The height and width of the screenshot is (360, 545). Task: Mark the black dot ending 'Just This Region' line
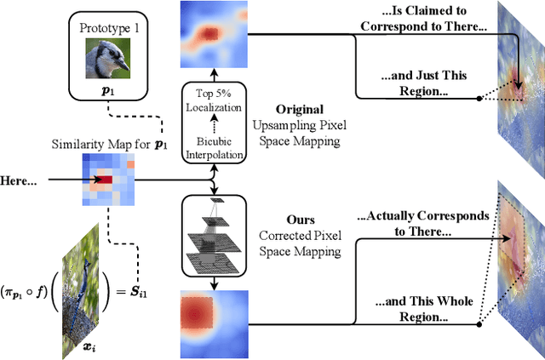479,98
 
